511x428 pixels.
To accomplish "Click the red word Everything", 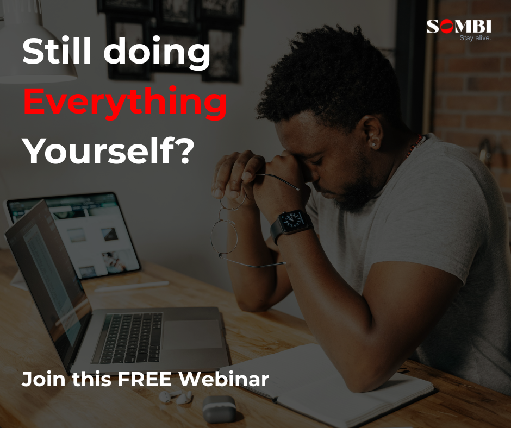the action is [125, 102].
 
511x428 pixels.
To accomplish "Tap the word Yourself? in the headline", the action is [109, 151].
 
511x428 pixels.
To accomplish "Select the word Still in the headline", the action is [57, 51].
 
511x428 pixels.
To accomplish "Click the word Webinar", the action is [223, 379].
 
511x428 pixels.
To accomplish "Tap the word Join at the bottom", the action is [43, 379].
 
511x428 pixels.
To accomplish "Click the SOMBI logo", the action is [459, 27].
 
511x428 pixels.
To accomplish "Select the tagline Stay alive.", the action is [475, 38].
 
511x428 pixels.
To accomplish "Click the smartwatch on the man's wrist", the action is [291, 224].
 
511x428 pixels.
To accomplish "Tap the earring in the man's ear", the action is [373, 143].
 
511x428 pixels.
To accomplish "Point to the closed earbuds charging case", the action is [219, 409].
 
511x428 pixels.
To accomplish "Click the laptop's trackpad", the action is [193, 334].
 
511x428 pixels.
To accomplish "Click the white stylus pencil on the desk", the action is [132, 286].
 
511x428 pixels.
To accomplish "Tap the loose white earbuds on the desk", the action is [176, 396].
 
